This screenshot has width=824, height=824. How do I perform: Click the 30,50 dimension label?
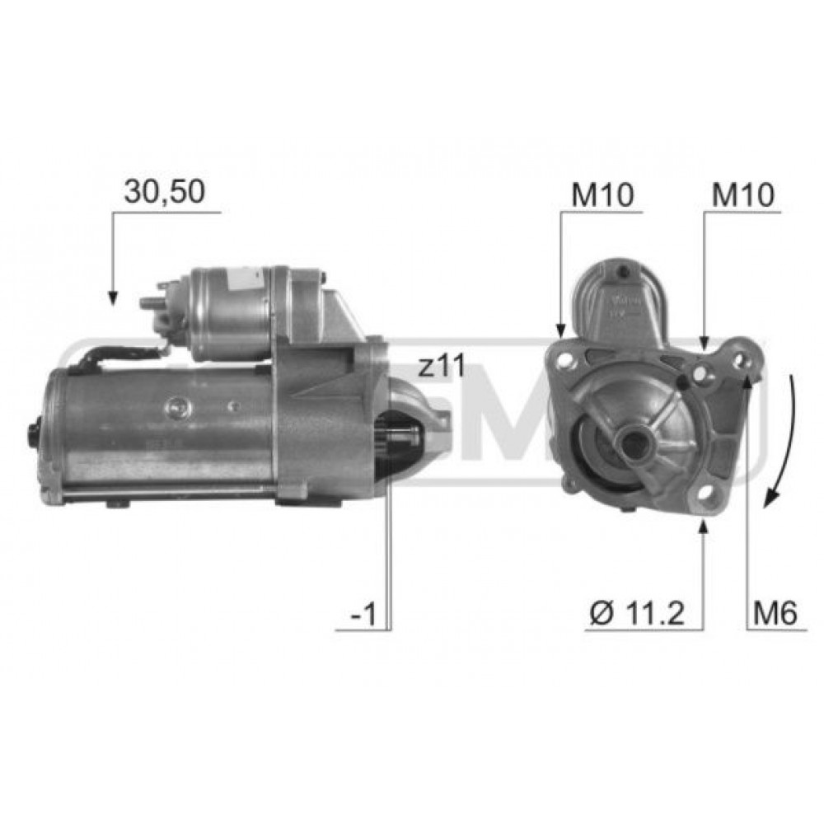(164, 192)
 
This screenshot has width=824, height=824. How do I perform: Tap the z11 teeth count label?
(442, 367)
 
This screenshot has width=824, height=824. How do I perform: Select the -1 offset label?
(363, 614)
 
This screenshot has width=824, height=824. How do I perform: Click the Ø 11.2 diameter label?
(637, 613)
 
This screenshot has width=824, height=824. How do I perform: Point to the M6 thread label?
(775, 613)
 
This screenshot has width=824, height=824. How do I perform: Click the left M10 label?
(603, 195)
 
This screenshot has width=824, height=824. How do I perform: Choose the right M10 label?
(743, 195)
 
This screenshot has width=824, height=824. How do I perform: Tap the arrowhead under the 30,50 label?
(112, 297)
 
